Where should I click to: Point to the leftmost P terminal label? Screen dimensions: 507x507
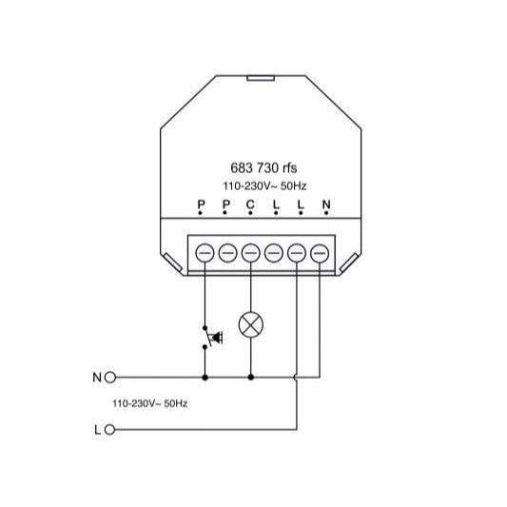pyautogui.click(x=201, y=205)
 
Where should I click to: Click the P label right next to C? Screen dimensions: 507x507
pyautogui.click(x=225, y=205)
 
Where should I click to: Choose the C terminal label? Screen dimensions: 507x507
pyautogui.click(x=250, y=205)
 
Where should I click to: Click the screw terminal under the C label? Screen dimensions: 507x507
pyautogui.click(x=250, y=253)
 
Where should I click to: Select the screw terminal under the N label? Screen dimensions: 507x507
pyautogui.click(x=320, y=253)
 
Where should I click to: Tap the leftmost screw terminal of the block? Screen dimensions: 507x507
pyautogui.click(x=204, y=253)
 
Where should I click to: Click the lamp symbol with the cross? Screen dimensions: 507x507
pyautogui.click(x=250, y=324)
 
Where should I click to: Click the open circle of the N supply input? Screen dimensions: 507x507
pyautogui.click(x=109, y=377)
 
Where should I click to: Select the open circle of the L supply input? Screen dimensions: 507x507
pyautogui.click(x=109, y=430)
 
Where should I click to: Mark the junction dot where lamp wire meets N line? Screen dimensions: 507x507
pyautogui.click(x=250, y=377)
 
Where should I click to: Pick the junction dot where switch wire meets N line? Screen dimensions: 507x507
pyautogui.click(x=204, y=377)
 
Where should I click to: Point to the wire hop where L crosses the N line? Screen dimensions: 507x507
pyautogui.click(x=297, y=377)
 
